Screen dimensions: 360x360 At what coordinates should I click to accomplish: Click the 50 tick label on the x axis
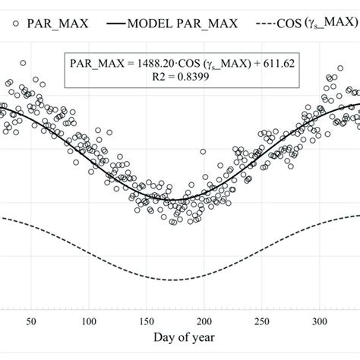coord(32,322)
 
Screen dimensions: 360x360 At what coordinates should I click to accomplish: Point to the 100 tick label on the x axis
coord(89,322)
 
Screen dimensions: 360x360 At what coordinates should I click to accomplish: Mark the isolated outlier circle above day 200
coord(203,152)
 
